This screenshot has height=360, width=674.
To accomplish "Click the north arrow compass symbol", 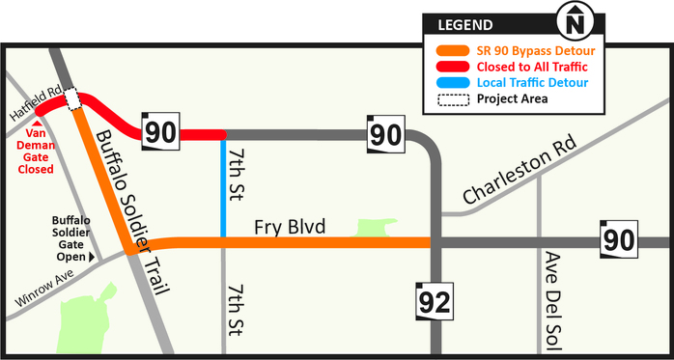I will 576,20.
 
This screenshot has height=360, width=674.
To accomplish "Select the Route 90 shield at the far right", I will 618,240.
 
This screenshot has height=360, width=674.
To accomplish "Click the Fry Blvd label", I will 289,228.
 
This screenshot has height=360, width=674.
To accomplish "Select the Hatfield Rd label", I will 35,101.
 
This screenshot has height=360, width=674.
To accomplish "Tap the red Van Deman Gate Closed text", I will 37,152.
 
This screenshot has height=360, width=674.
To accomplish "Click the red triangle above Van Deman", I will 37,125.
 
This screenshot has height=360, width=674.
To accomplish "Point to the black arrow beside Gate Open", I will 93,258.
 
